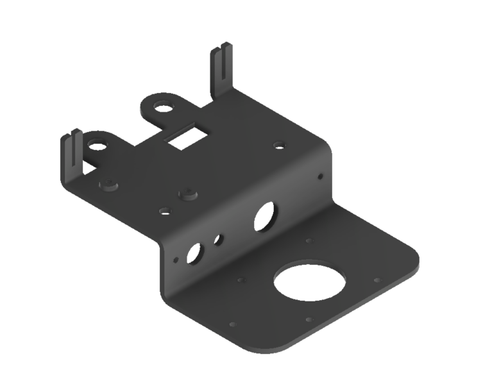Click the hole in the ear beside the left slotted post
(x=98, y=146)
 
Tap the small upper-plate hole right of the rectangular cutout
(x=278, y=146)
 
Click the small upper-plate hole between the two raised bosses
(x=164, y=210)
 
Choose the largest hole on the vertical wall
(x=264, y=216)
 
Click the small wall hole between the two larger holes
(x=218, y=240)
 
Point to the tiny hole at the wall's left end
(x=174, y=261)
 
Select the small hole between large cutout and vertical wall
(x=309, y=241)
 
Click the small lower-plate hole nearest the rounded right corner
(x=377, y=280)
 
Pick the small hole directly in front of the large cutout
(x=309, y=319)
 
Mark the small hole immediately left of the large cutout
(x=241, y=280)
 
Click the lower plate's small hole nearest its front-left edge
(x=232, y=324)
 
